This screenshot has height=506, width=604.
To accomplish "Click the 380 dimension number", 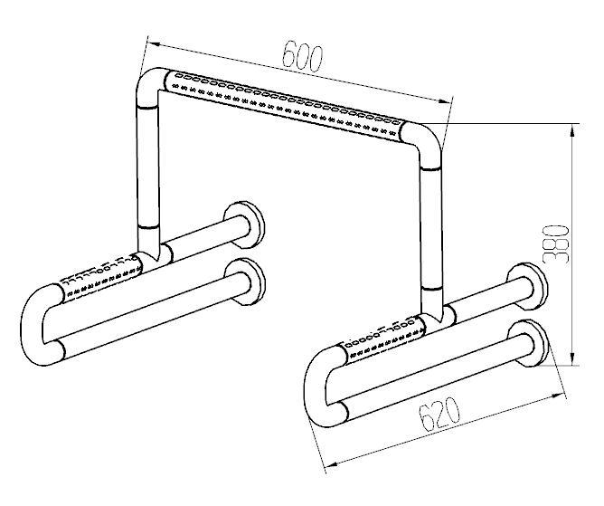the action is click(556, 243).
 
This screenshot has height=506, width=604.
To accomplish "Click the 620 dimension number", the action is click(439, 415).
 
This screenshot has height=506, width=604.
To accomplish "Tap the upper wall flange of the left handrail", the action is click(244, 225).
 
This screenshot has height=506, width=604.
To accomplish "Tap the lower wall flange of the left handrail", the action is click(245, 282).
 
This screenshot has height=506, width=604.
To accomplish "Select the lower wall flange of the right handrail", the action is click(528, 342).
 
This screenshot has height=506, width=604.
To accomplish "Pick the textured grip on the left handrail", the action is click(101, 278).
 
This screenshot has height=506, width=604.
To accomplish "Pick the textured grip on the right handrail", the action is click(385, 339).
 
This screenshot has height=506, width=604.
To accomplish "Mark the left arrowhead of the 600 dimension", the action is click(154, 44).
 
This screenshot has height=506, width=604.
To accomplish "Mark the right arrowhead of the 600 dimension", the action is click(445, 101).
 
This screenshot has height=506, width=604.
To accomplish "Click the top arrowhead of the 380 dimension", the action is click(573, 130).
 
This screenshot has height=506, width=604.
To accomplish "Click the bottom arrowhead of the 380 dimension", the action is click(573, 358).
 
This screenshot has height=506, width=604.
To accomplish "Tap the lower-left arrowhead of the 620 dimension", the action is click(332, 465).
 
